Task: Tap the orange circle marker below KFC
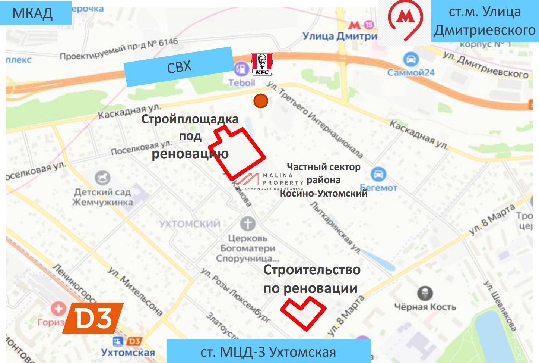[261, 101]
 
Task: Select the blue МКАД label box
[35, 13]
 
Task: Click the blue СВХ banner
[179, 67]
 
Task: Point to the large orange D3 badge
[93, 318]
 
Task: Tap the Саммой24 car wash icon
[410, 59]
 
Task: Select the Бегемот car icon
[378, 174]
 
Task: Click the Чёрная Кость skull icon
[425, 294]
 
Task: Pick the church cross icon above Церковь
[248, 224]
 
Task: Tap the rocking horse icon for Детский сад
[102, 178]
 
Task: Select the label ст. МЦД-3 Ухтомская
[268, 352]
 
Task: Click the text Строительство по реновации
[311, 279]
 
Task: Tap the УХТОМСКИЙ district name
[190, 224]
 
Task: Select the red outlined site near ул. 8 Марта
[302, 313]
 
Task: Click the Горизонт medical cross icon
[58, 309]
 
